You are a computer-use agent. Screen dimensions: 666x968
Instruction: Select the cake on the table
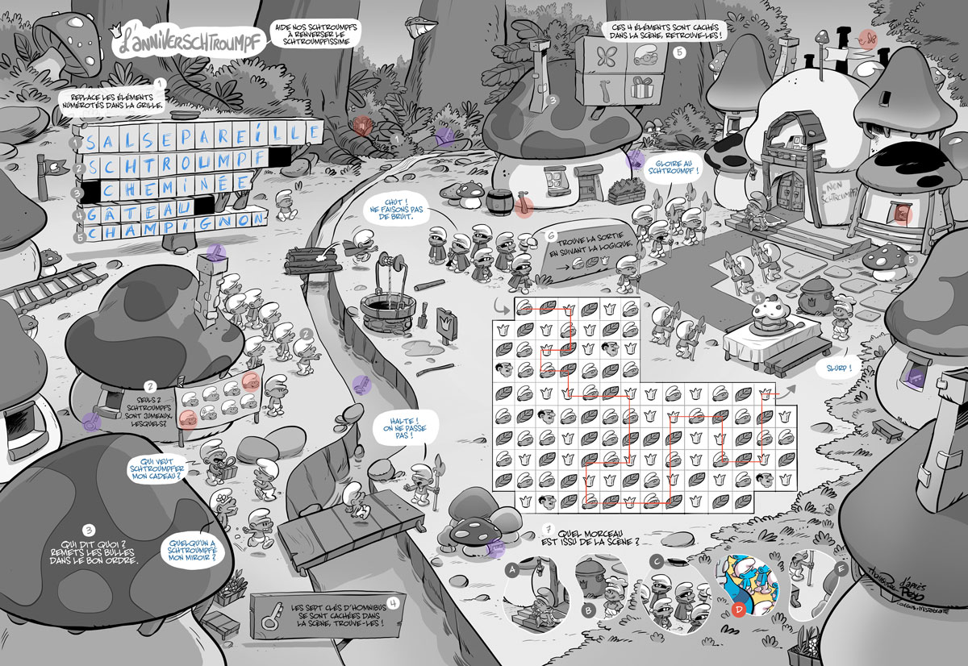tap(766, 310)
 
